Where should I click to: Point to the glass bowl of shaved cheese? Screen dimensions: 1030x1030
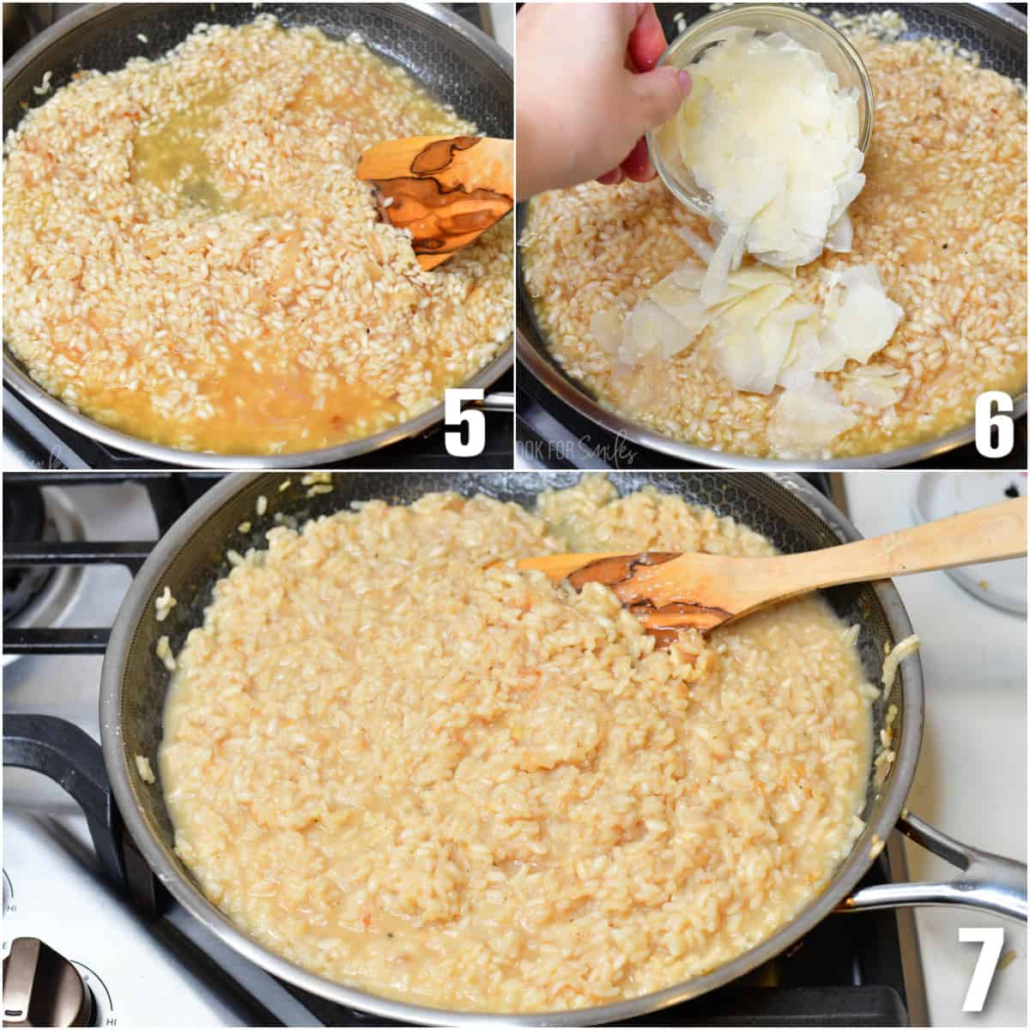[x=764, y=129]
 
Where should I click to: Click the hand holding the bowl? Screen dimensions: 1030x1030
[x=584, y=86]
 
